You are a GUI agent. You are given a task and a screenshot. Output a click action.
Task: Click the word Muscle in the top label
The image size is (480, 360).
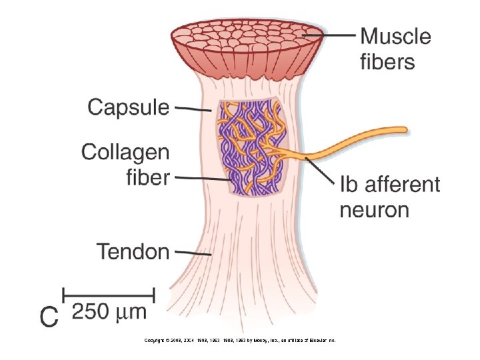395,36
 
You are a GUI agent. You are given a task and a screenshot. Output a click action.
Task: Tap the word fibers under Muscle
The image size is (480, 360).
387,62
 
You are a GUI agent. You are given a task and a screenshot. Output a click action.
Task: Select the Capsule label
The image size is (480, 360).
129,106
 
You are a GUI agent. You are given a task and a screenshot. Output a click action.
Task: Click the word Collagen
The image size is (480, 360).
125,153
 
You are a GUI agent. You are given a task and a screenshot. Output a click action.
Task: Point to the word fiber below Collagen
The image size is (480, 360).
148,177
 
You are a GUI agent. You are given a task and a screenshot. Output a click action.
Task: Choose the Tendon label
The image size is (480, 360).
133,251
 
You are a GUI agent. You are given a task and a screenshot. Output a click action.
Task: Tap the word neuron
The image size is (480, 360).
374,210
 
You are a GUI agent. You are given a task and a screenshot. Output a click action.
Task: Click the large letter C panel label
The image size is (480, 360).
48,317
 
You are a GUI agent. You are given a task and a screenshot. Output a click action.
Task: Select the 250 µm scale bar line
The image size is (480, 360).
109,294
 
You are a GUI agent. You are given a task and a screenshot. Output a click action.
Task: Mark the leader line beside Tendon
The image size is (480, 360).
192,253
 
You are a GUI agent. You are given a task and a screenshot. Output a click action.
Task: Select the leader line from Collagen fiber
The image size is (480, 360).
204,179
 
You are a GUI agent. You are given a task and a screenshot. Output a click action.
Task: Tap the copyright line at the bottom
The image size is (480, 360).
240,340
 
